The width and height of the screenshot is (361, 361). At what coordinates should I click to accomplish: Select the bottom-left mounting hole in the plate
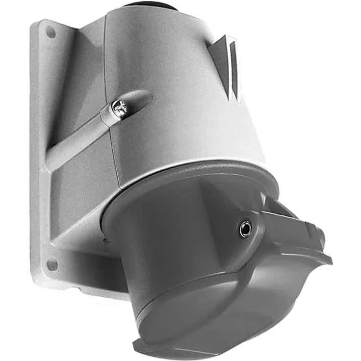pyautogui.click(x=51, y=264)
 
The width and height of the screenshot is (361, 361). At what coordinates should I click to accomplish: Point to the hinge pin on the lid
pyautogui.click(x=244, y=228)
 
